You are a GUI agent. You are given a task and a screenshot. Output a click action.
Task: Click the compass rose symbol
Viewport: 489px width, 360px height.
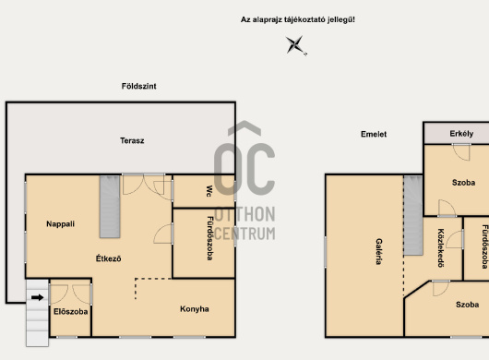(295, 45)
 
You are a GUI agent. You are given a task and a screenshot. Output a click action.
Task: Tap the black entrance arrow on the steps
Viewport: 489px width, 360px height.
(38, 297)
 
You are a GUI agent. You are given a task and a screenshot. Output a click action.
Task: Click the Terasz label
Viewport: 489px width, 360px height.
(132, 140)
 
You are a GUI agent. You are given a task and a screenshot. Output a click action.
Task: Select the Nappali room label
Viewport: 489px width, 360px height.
(61, 224)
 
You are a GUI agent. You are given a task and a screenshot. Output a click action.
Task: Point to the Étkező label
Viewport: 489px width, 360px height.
(108, 258)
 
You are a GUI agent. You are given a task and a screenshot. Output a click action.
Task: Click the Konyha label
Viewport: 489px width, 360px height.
(195, 309)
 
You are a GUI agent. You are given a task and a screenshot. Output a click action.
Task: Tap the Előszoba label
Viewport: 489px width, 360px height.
(70, 311)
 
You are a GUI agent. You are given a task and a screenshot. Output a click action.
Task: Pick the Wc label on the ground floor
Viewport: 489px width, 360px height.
(209, 191)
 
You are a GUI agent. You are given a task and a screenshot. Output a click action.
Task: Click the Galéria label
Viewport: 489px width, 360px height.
(379, 251)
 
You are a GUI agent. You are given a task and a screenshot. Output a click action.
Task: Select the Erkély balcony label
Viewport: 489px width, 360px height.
(461, 134)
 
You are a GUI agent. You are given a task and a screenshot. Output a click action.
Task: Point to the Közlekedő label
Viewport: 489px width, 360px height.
(441, 248)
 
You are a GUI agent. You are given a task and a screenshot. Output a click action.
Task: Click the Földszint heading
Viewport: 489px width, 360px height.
(138, 86)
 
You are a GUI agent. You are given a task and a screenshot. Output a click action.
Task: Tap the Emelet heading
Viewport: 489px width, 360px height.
(374, 134)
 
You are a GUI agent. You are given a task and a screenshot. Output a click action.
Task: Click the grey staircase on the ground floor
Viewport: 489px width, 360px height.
(110, 207)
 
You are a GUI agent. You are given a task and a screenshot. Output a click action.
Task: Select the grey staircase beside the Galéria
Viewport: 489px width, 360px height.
(413, 215)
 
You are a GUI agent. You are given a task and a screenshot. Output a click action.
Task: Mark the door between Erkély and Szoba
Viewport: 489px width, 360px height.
(461, 152)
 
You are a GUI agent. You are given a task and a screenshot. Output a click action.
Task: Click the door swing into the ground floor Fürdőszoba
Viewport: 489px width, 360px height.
(162, 234)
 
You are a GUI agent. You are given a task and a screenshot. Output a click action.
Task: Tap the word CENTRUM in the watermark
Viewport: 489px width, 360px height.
(244, 234)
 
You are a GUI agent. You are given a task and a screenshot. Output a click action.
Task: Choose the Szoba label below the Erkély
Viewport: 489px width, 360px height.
(464, 183)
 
